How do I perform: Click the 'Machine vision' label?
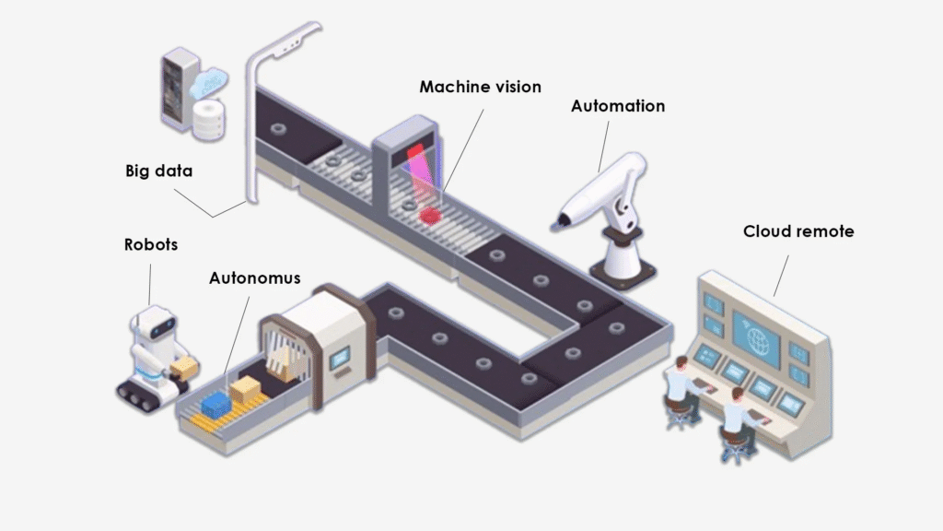tap(480, 87)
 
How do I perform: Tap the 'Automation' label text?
tap(617, 106)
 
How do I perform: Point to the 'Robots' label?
tap(151, 245)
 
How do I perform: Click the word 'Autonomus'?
tap(254, 277)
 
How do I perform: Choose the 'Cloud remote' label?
tap(797, 230)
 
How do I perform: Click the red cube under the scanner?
tap(430, 214)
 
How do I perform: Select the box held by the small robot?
tap(185, 369)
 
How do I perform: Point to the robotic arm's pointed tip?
tap(555, 221)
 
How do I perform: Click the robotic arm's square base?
tap(623, 270)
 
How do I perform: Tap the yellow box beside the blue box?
tap(247, 391)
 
